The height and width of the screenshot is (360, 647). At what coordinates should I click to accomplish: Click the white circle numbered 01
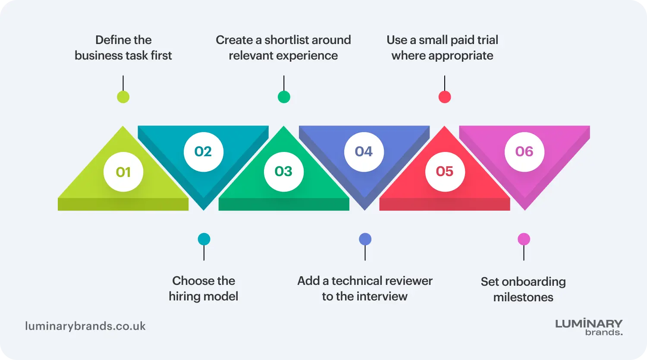(123, 172)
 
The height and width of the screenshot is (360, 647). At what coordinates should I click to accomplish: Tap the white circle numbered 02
(203, 152)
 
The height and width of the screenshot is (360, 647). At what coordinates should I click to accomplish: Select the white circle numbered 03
(284, 172)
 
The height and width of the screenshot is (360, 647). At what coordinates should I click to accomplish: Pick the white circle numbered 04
(364, 152)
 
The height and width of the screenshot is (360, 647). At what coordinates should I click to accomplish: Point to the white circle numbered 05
(445, 172)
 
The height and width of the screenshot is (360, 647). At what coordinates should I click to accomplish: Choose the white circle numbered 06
(525, 152)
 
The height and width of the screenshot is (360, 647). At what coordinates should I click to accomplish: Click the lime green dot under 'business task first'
(123, 97)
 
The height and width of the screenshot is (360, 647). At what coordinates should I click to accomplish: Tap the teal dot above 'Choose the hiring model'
(204, 239)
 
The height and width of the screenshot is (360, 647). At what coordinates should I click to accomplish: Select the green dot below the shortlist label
(284, 97)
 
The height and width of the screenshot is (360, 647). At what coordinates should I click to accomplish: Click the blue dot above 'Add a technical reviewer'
(365, 239)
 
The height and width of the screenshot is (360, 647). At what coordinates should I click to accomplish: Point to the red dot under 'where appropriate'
(445, 97)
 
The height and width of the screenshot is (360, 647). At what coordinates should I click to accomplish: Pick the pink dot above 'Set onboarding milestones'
(524, 239)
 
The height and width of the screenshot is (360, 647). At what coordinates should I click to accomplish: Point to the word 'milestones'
(523, 297)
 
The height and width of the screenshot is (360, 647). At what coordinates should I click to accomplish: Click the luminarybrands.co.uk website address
(85, 326)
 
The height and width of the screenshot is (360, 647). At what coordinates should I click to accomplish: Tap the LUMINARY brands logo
(589, 327)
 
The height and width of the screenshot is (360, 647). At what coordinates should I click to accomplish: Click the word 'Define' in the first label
(111, 40)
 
